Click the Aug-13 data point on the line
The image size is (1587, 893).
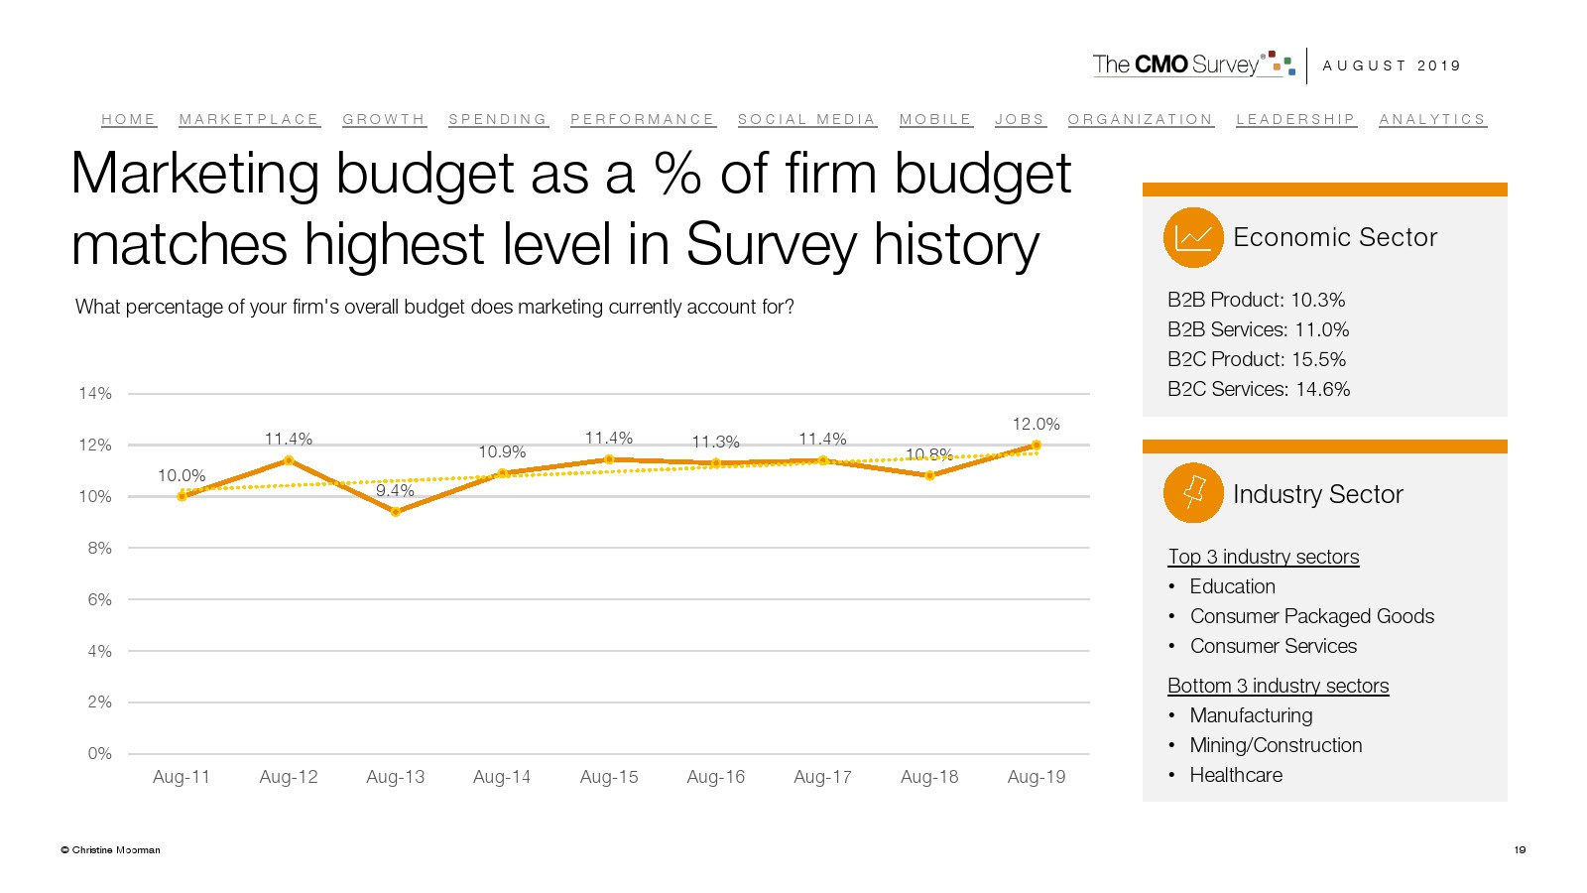point(396,512)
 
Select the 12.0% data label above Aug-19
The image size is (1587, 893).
point(1036,424)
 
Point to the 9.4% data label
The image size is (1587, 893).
point(395,490)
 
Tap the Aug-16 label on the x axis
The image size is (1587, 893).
point(715,777)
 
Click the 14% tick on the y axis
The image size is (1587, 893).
point(95,394)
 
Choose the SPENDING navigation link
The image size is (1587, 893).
point(498,119)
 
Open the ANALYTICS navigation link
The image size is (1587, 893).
point(1432,119)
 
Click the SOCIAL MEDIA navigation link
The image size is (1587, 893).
point(806,119)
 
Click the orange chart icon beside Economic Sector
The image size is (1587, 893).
point(1193,237)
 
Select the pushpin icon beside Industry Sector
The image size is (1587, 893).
point(1193,493)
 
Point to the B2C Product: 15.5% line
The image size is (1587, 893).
point(1257,359)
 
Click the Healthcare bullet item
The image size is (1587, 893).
point(1236,775)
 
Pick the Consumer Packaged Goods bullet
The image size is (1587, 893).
point(1311,616)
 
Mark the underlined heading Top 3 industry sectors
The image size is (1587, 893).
point(1263,557)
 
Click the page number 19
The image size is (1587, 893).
point(1520,849)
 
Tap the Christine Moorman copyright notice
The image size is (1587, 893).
point(111,850)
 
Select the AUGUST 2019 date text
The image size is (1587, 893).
point(1392,65)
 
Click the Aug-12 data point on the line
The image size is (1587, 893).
point(289,460)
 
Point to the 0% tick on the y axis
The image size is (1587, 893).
point(99,754)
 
